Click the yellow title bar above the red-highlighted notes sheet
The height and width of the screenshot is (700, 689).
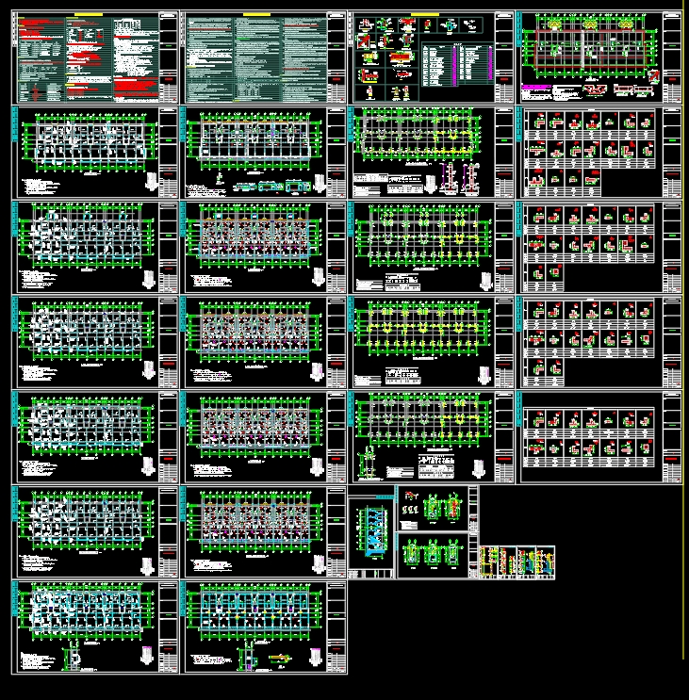[88, 15]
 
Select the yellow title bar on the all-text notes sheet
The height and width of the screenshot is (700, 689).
[255, 15]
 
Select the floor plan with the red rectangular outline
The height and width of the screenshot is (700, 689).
[590, 48]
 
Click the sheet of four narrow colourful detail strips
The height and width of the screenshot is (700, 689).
[517, 563]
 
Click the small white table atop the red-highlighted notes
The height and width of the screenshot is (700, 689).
[34, 20]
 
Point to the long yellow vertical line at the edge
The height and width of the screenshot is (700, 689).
[683, 330]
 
